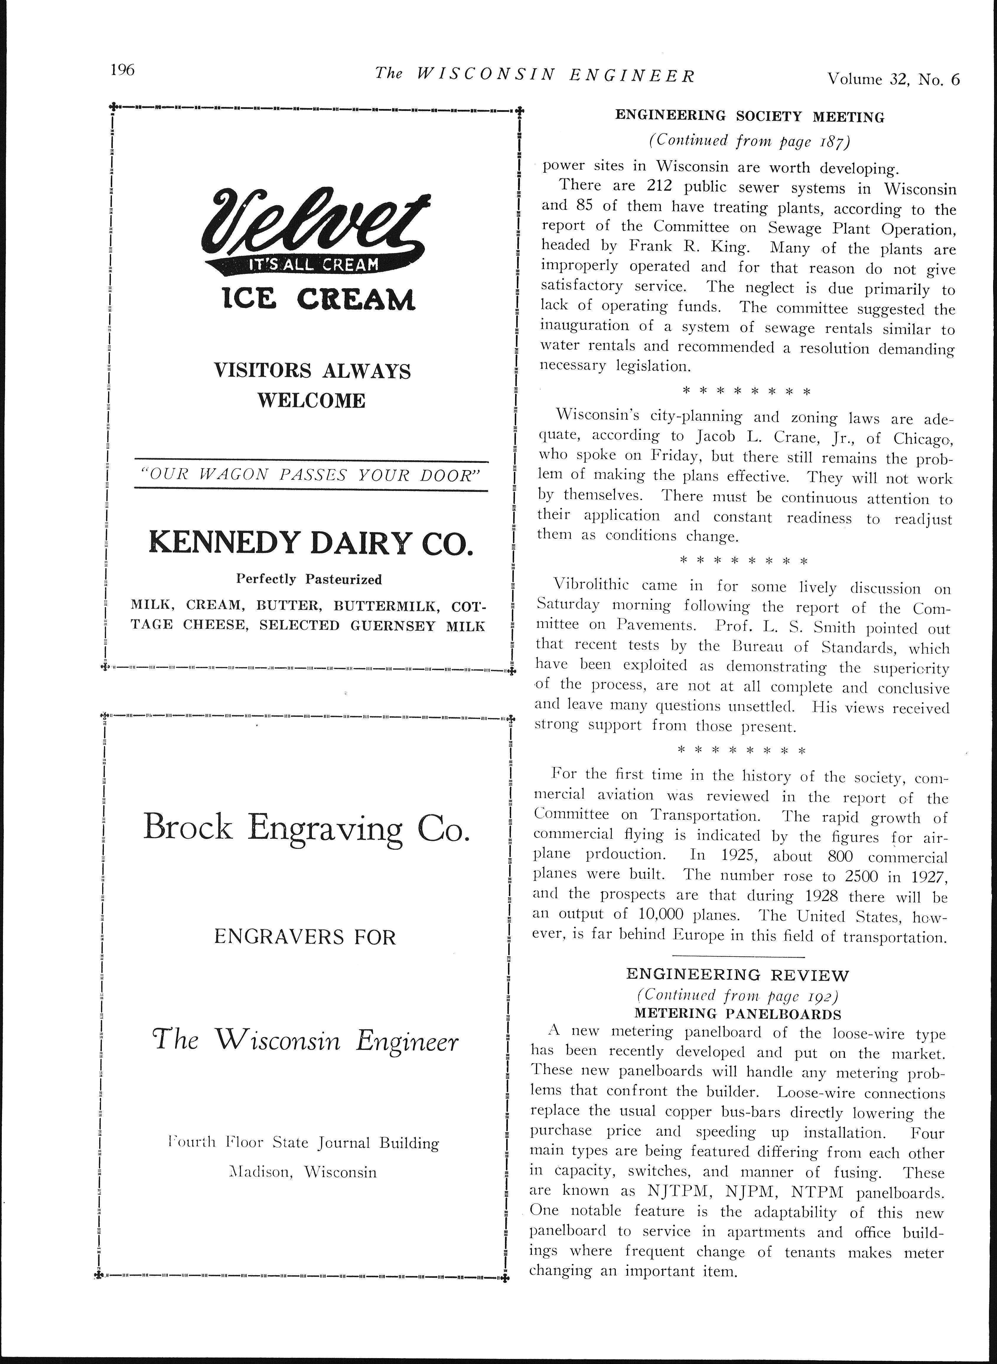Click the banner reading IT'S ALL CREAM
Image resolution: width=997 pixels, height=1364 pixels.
click(x=314, y=264)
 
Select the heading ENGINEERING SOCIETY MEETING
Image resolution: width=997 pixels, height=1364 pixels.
click(x=750, y=116)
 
